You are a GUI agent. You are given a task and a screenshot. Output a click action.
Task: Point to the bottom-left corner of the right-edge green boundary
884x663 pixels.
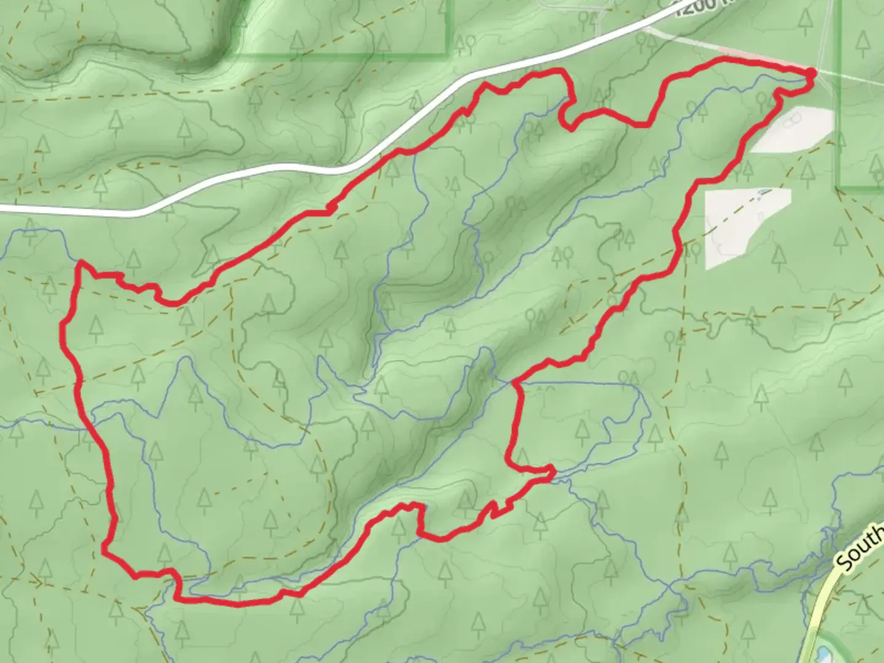tap(839, 187)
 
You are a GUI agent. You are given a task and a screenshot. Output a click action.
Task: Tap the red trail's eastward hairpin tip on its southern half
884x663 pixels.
tap(552, 471)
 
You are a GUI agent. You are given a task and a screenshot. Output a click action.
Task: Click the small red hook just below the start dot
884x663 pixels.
tap(792, 92)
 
